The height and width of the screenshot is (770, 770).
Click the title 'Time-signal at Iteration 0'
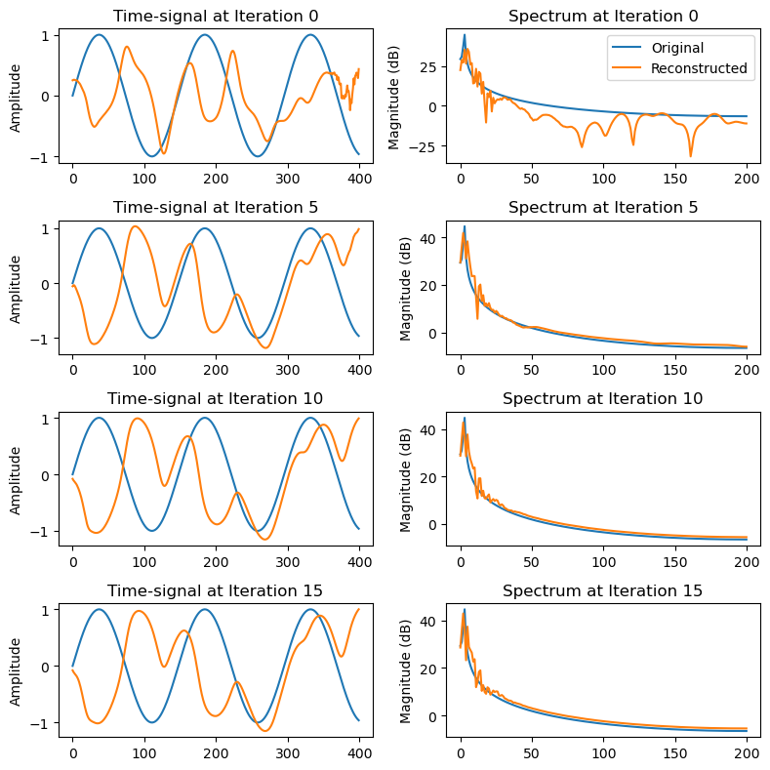tap(216, 16)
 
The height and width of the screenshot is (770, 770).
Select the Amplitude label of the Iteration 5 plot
tap(16, 285)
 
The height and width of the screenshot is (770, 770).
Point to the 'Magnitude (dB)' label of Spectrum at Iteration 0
tap(394, 94)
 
